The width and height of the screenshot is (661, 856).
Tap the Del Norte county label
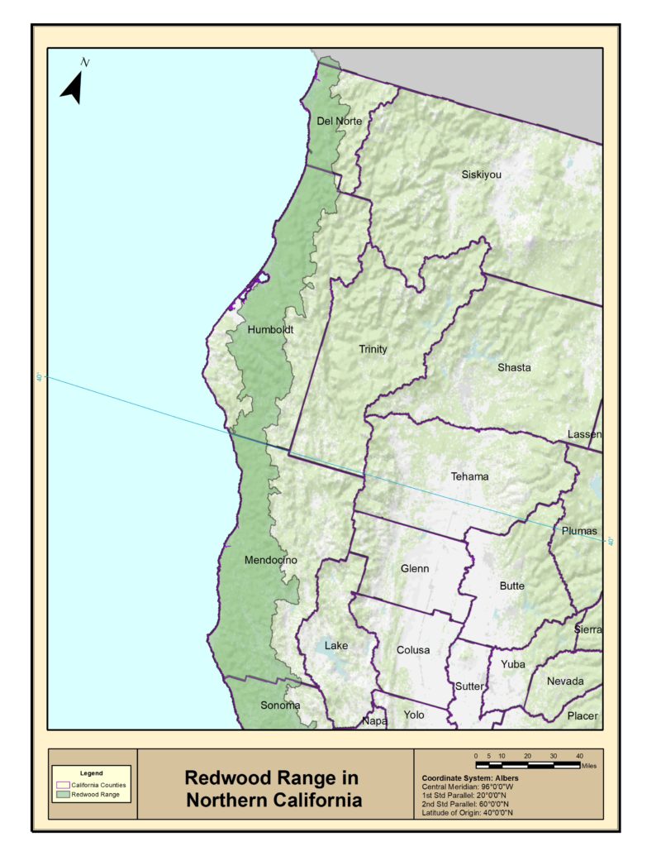coord(340,122)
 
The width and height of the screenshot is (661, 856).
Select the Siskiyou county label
coord(482,175)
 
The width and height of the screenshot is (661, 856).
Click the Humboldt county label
coord(270,329)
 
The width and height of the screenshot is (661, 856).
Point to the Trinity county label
coord(373,349)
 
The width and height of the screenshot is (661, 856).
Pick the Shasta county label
coord(514,367)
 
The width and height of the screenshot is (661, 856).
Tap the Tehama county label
coord(469,476)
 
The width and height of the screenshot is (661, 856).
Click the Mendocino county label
coord(270,561)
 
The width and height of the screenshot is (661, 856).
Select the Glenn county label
coord(415,569)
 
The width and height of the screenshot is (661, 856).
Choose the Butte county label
coord(511,586)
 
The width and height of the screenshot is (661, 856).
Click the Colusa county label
coord(412,650)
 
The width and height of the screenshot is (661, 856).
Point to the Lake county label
coord(336,645)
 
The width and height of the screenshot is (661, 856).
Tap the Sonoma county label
coord(279,705)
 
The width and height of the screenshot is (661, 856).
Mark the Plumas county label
coord(579,531)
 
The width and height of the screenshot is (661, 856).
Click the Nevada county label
coord(565,681)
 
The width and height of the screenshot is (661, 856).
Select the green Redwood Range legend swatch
coord(62,795)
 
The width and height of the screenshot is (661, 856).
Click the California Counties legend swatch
coord(62,784)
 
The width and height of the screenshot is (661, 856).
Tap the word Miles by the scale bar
coord(588,766)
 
